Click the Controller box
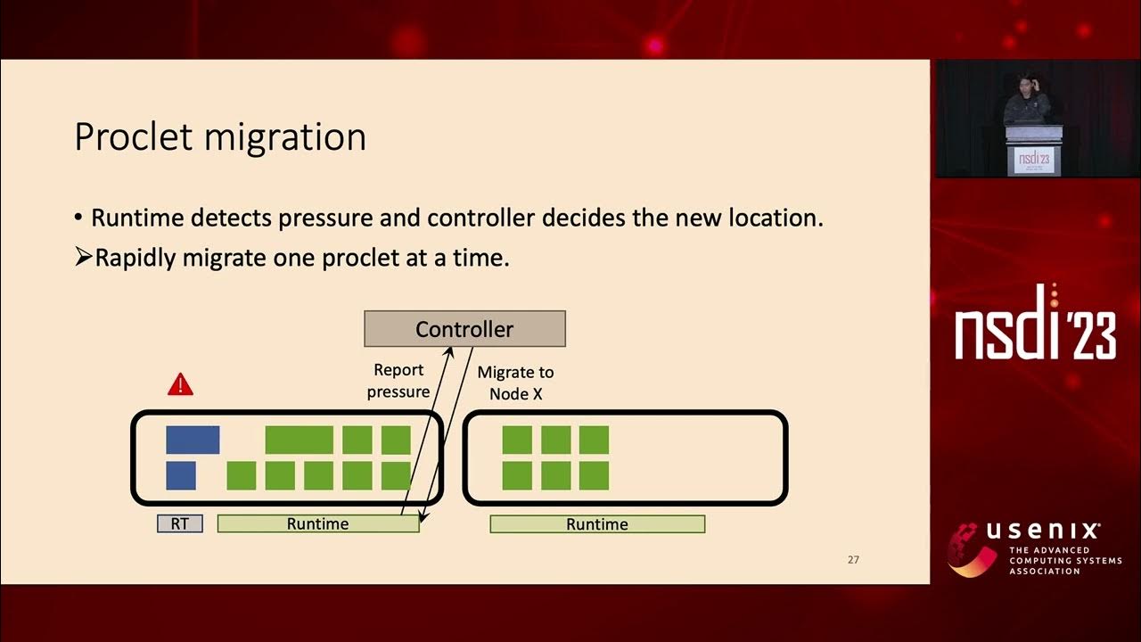pyautogui.click(x=464, y=328)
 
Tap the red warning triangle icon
pyautogui.click(x=180, y=384)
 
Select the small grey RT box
pyautogui.click(x=180, y=524)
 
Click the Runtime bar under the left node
pyautogui.click(x=318, y=524)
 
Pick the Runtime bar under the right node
pyautogui.click(x=597, y=524)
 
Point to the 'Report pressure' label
pyautogui.click(x=398, y=381)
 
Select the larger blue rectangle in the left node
pyautogui.click(x=193, y=440)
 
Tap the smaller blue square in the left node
pyautogui.click(x=181, y=475)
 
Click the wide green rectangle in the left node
pyautogui.click(x=300, y=440)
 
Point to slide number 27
pyautogui.click(x=853, y=560)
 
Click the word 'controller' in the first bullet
pyautogui.click(x=480, y=218)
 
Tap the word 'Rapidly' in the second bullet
pyautogui.click(x=135, y=258)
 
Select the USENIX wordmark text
pyautogui.click(x=1042, y=532)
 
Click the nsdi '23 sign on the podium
pyautogui.click(x=1034, y=160)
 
